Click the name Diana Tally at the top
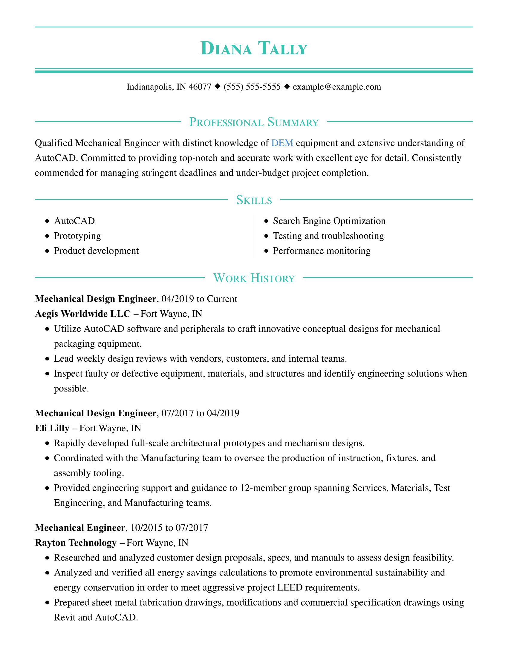[254, 48]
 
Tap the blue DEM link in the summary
[282, 143]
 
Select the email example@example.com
[337, 87]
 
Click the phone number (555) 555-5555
[252, 87]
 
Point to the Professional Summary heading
[254, 122]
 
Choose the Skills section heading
[254, 200]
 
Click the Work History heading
[254, 278]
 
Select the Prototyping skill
[77, 236]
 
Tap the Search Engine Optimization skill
[329, 221]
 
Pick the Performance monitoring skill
[322, 251]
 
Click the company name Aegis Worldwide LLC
[83, 314]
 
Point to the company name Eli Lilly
[52, 428]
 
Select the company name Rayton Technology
[76, 542]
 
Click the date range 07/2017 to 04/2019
[201, 413]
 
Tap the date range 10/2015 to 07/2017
[169, 528]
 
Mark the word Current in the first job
[222, 299]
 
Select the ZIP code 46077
[200, 87]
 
